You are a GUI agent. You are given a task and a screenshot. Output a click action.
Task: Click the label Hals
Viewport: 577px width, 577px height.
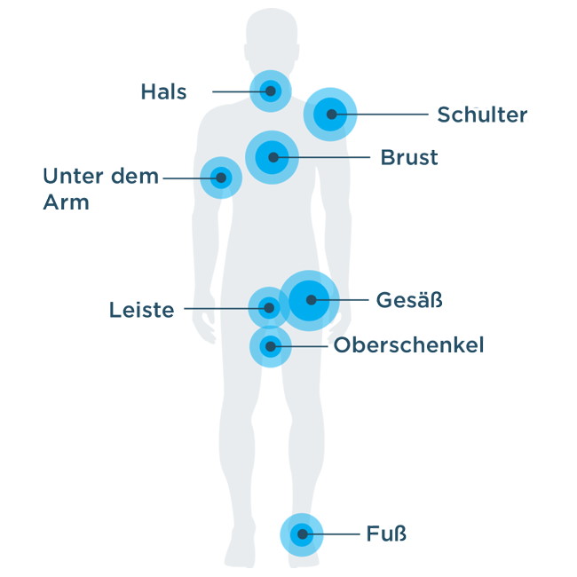pos(163,91)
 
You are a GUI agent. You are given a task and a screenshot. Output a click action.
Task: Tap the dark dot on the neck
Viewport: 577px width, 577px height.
pos(271,91)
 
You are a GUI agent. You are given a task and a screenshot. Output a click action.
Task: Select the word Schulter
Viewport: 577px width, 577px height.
pos(482,115)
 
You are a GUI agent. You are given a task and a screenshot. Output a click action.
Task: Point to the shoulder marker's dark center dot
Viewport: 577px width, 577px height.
pos(332,115)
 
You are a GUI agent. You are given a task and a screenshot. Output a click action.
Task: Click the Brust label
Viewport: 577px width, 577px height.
pos(409,157)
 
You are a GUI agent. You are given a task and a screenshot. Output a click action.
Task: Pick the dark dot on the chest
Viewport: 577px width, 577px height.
pos(273,157)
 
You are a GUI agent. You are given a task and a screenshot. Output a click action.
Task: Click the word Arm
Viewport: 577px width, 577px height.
pos(67,202)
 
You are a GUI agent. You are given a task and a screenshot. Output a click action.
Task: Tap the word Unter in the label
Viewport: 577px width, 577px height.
pos(73,176)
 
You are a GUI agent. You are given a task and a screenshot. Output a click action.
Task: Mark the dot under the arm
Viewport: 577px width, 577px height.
pos(221,178)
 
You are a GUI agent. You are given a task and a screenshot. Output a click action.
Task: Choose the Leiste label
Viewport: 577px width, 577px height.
pos(142,310)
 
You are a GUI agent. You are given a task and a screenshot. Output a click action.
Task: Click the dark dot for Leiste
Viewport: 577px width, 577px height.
pos(269,308)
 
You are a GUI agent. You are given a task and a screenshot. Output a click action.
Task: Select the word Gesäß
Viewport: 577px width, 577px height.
pos(409,299)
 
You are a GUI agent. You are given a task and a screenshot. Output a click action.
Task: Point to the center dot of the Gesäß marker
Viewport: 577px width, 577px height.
pos(312,300)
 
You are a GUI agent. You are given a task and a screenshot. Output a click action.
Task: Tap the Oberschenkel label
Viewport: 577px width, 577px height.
pos(408,345)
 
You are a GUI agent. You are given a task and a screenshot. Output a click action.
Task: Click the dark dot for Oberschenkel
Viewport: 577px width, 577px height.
pos(271,346)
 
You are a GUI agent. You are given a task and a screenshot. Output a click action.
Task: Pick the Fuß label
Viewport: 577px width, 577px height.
pos(386,534)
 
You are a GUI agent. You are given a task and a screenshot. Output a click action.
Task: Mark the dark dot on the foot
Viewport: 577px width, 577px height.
pos(303,534)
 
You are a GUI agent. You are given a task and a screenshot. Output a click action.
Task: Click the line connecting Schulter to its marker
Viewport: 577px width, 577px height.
pos(380,115)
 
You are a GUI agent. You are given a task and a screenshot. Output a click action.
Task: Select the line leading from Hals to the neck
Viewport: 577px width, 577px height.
pos(241,91)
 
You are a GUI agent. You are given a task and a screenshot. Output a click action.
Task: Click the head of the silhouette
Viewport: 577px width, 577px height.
pos(272,41)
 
